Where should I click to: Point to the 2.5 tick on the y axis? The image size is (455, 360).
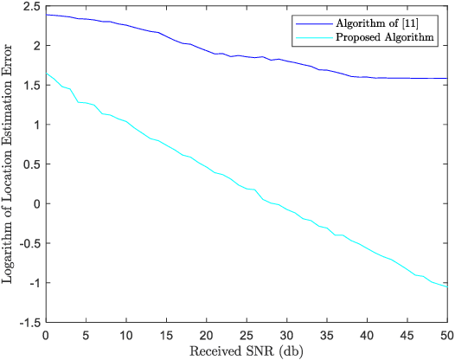[x=30, y=7]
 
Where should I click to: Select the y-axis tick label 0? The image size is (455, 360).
[x=35, y=204]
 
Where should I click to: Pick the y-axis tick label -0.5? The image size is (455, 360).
[x=28, y=244]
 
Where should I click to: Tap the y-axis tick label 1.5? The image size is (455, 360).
[x=30, y=86]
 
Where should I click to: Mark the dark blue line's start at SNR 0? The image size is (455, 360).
[x=46, y=15]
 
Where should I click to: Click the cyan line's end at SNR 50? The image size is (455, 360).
[x=447, y=286]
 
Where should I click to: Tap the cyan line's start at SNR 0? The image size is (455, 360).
[x=46, y=74]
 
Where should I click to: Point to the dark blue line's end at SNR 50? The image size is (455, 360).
[x=447, y=79]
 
